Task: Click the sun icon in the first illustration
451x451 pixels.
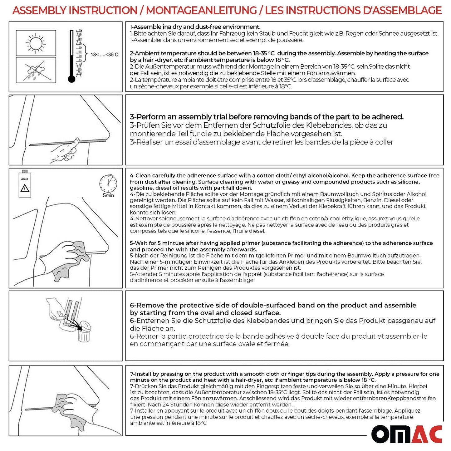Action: pyautogui.click(x=36, y=43)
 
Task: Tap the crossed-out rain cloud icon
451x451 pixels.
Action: pyautogui.click(x=35, y=71)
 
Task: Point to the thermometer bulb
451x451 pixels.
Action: pyautogui.click(x=71, y=79)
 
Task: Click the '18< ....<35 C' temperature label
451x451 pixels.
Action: pyautogui.click(x=104, y=55)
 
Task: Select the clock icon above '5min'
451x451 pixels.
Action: pyautogui.click(x=108, y=183)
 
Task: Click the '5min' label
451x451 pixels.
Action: pyautogui.click(x=108, y=196)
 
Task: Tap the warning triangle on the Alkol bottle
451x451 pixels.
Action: pyautogui.click(x=25, y=188)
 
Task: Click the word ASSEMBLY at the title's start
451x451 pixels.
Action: pyautogui.click(x=40, y=10)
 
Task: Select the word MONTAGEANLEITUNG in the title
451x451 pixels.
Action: pyautogui.click(x=201, y=10)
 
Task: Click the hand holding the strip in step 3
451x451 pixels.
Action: pyautogui.click(x=64, y=152)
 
